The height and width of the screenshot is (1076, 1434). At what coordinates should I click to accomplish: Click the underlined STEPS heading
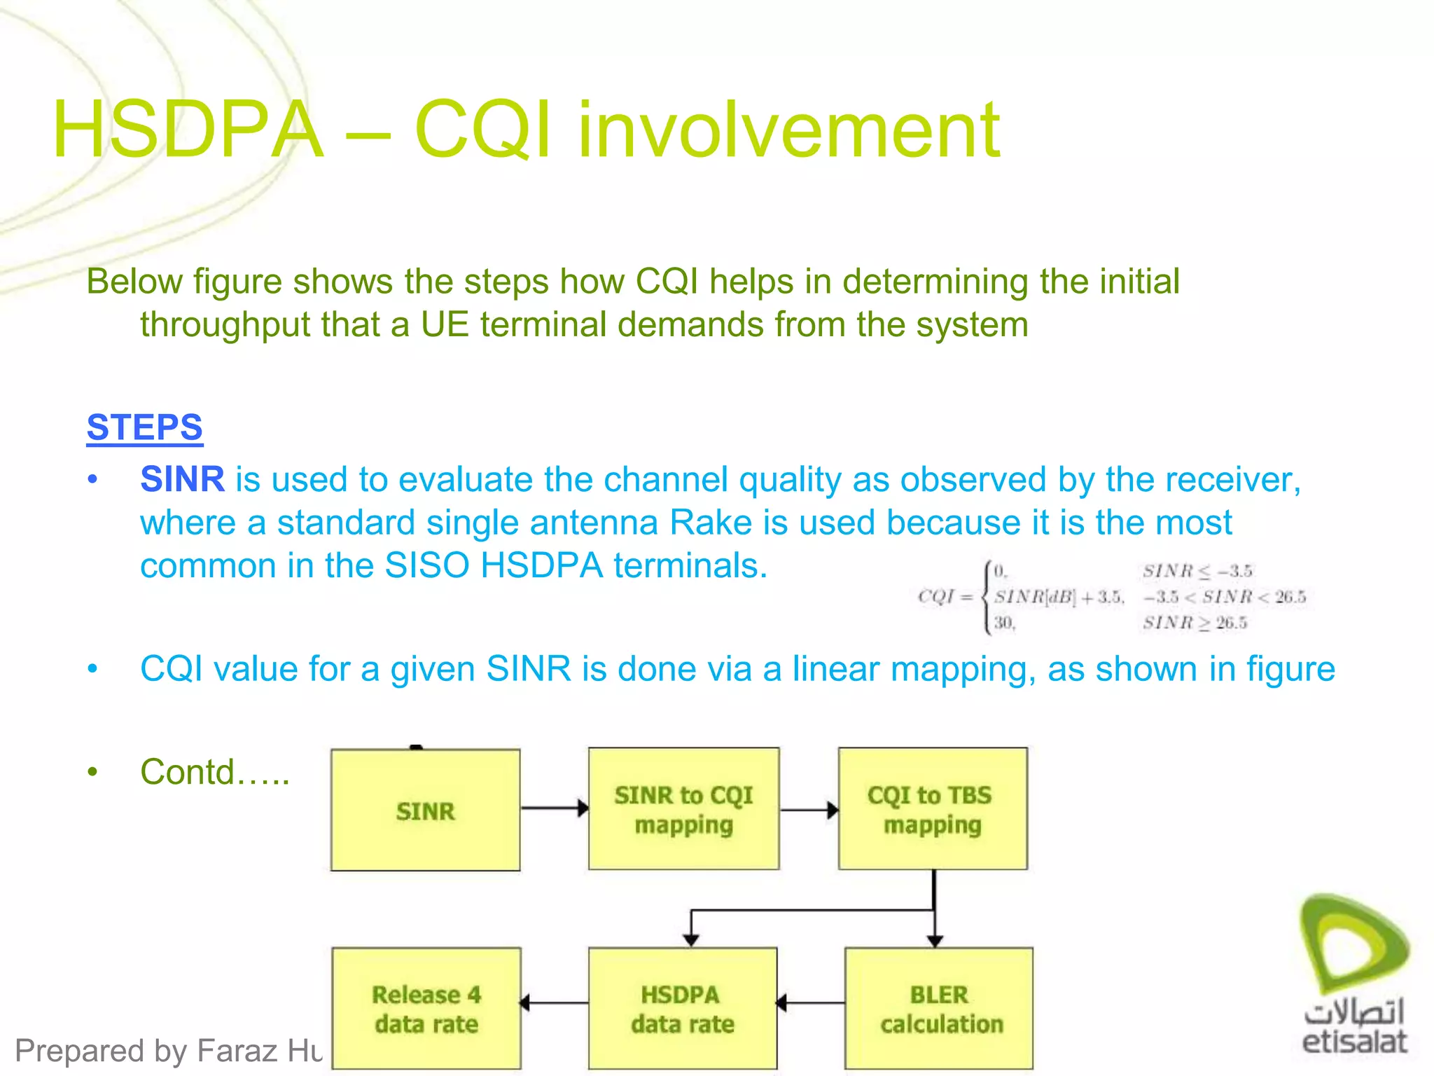coord(144,427)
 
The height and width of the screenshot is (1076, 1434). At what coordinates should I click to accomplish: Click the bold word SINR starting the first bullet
coord(182,480)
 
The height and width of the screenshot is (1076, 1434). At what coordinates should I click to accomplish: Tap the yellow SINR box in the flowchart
coord(425,811)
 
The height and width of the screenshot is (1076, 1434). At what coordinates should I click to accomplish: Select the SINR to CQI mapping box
coord(683,809)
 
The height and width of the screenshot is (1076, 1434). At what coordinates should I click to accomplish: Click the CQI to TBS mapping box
coord(932,809)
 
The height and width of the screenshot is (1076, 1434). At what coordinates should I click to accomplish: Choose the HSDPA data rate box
coord(682,1009)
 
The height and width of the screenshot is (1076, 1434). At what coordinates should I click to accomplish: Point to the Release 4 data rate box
coord(426,1009)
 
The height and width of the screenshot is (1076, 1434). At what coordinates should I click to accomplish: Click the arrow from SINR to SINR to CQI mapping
coord(554,808)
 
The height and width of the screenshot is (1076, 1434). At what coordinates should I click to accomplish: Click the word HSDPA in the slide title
coord(188,130)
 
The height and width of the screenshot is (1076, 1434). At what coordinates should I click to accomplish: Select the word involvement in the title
coord(788,130)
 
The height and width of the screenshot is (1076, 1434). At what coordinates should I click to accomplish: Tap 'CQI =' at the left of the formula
coord(945,597)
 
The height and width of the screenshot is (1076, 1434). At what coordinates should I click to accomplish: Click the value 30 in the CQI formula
coord(1003,623)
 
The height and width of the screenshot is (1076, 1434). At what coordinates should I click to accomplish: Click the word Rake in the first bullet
coord(711,523)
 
